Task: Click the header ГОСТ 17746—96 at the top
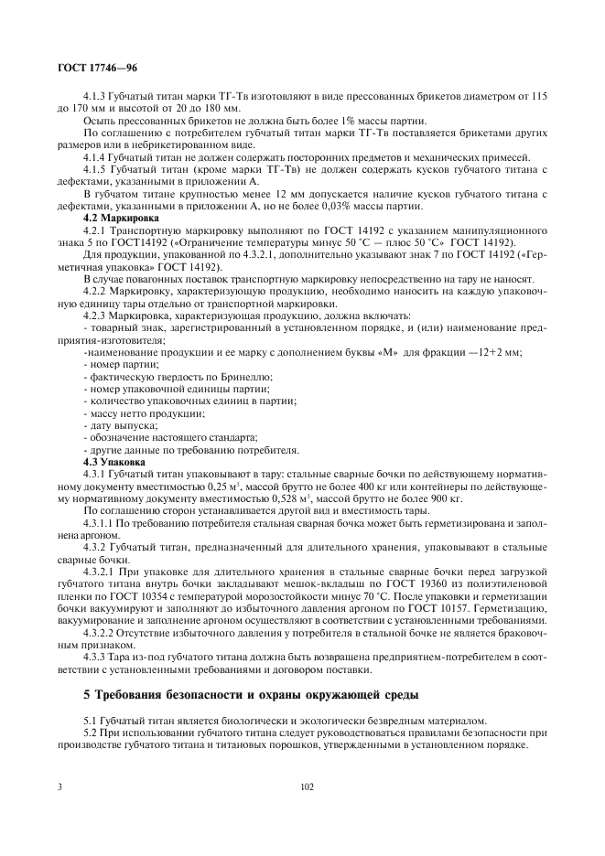(97, 69)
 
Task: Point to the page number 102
(308, 785)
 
